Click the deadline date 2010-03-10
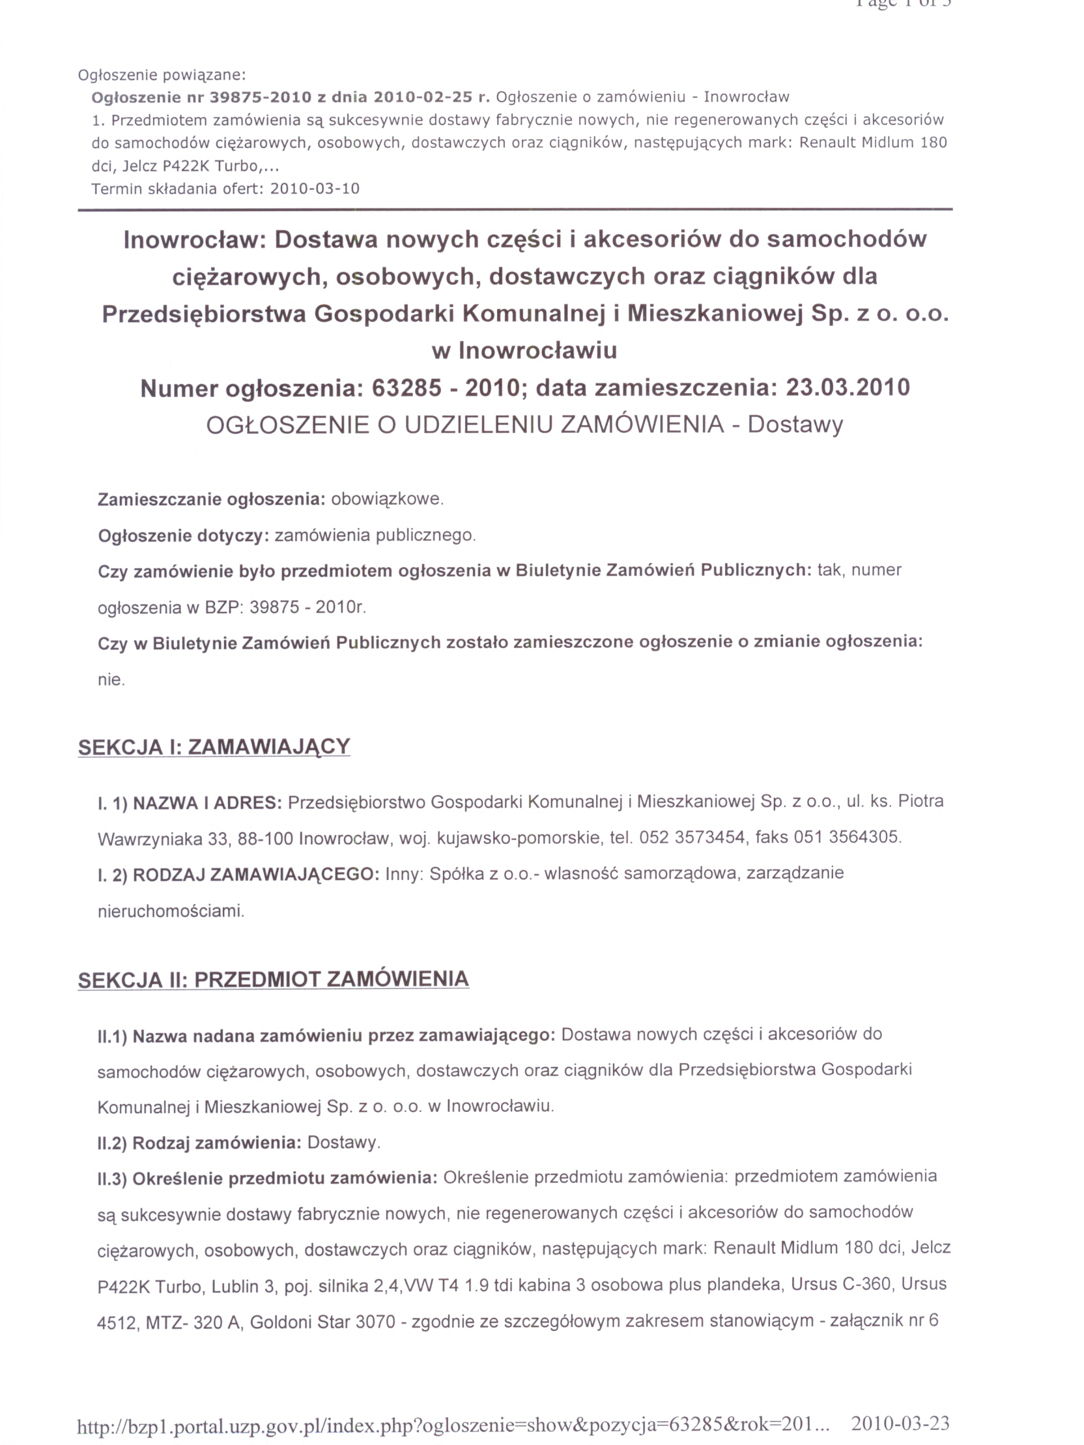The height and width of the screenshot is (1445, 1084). click(315, 189)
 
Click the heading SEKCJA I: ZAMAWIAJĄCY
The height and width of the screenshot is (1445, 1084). click(214, 747)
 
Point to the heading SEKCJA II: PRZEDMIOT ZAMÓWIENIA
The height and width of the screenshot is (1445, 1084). click(273, 980)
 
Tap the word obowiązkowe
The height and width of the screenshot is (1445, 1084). click(387, 500)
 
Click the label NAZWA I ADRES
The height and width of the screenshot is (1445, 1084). click(207, 802)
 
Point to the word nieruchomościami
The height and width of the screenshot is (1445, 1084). click(171, 911)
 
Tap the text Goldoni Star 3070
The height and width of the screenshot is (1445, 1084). click(322, 1322)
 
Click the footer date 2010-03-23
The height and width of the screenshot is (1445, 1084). click(901, 1423)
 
